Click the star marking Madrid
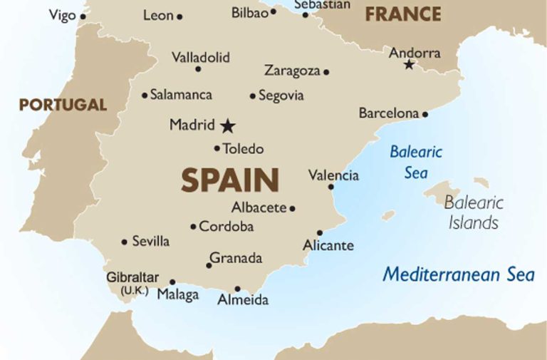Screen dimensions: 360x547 point(227,126)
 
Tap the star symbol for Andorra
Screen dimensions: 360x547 point(409,65)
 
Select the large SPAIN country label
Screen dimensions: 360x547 point(229,180)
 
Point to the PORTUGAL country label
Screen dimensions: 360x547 point(63,106)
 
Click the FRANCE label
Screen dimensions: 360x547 point(403,14)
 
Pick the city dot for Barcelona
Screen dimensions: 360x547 point(425,113)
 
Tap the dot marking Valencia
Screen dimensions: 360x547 point(330,187)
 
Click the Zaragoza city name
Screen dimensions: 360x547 point(292,71)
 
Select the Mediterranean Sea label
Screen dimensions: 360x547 point(458,274)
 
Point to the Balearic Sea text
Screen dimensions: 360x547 point(416,162)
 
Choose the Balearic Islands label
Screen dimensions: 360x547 point(474,212)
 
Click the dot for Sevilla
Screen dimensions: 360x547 point(125,242)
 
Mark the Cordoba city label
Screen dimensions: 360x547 point(226,227)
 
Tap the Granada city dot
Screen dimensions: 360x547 point(209,265)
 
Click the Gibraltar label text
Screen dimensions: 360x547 point(132,278)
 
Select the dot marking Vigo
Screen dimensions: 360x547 point(83,16)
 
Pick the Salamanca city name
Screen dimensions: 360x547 point(181,95)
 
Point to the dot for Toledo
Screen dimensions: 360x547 point(217,148)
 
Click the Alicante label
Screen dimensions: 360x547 point(328,245)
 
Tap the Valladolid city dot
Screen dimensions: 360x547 point(198,68)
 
